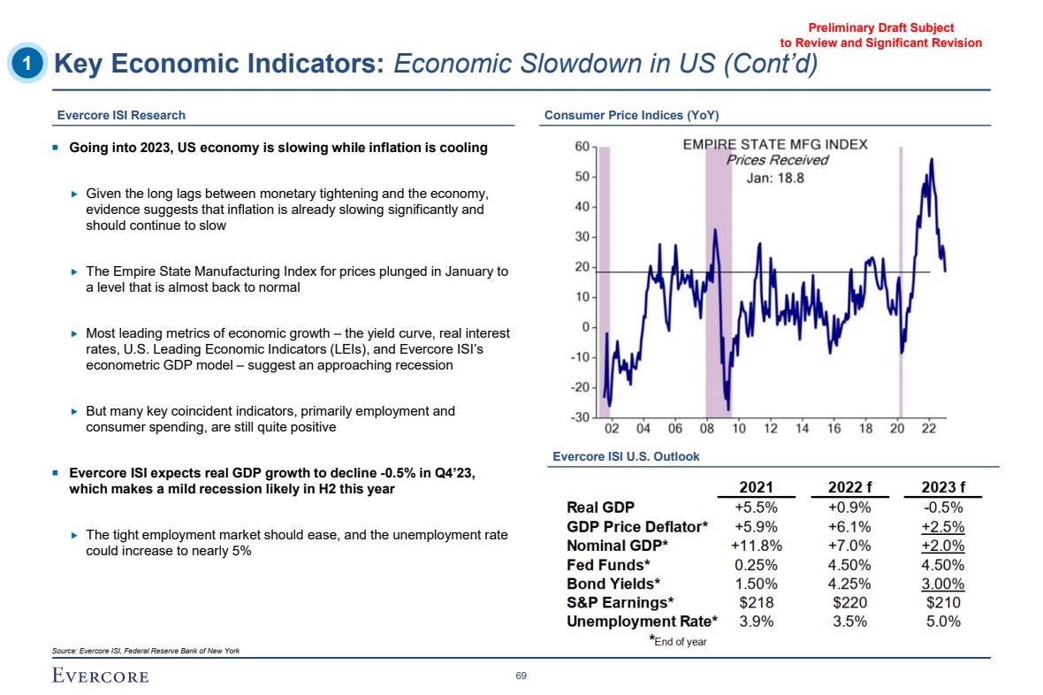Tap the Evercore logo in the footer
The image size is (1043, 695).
coord(99,676)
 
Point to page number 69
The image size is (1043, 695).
coord(521,676)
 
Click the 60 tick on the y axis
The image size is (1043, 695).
coord(582,147)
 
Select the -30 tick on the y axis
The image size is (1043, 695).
coord(580,417)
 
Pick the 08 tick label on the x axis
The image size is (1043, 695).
coord(707,429)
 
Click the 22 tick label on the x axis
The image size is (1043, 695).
coord(930,429)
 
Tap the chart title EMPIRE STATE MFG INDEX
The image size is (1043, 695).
coord(775,144)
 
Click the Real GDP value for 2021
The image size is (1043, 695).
coord(756,508)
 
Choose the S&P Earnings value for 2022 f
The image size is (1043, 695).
coord(849,602)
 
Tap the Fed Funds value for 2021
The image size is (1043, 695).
coord(756,564)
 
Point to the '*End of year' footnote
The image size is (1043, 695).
coord(678,641)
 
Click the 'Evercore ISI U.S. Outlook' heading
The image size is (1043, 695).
coord(626,456)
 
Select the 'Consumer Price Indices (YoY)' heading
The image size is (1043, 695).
coord(631,115)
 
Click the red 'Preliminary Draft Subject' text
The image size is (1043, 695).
coord(881,28)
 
